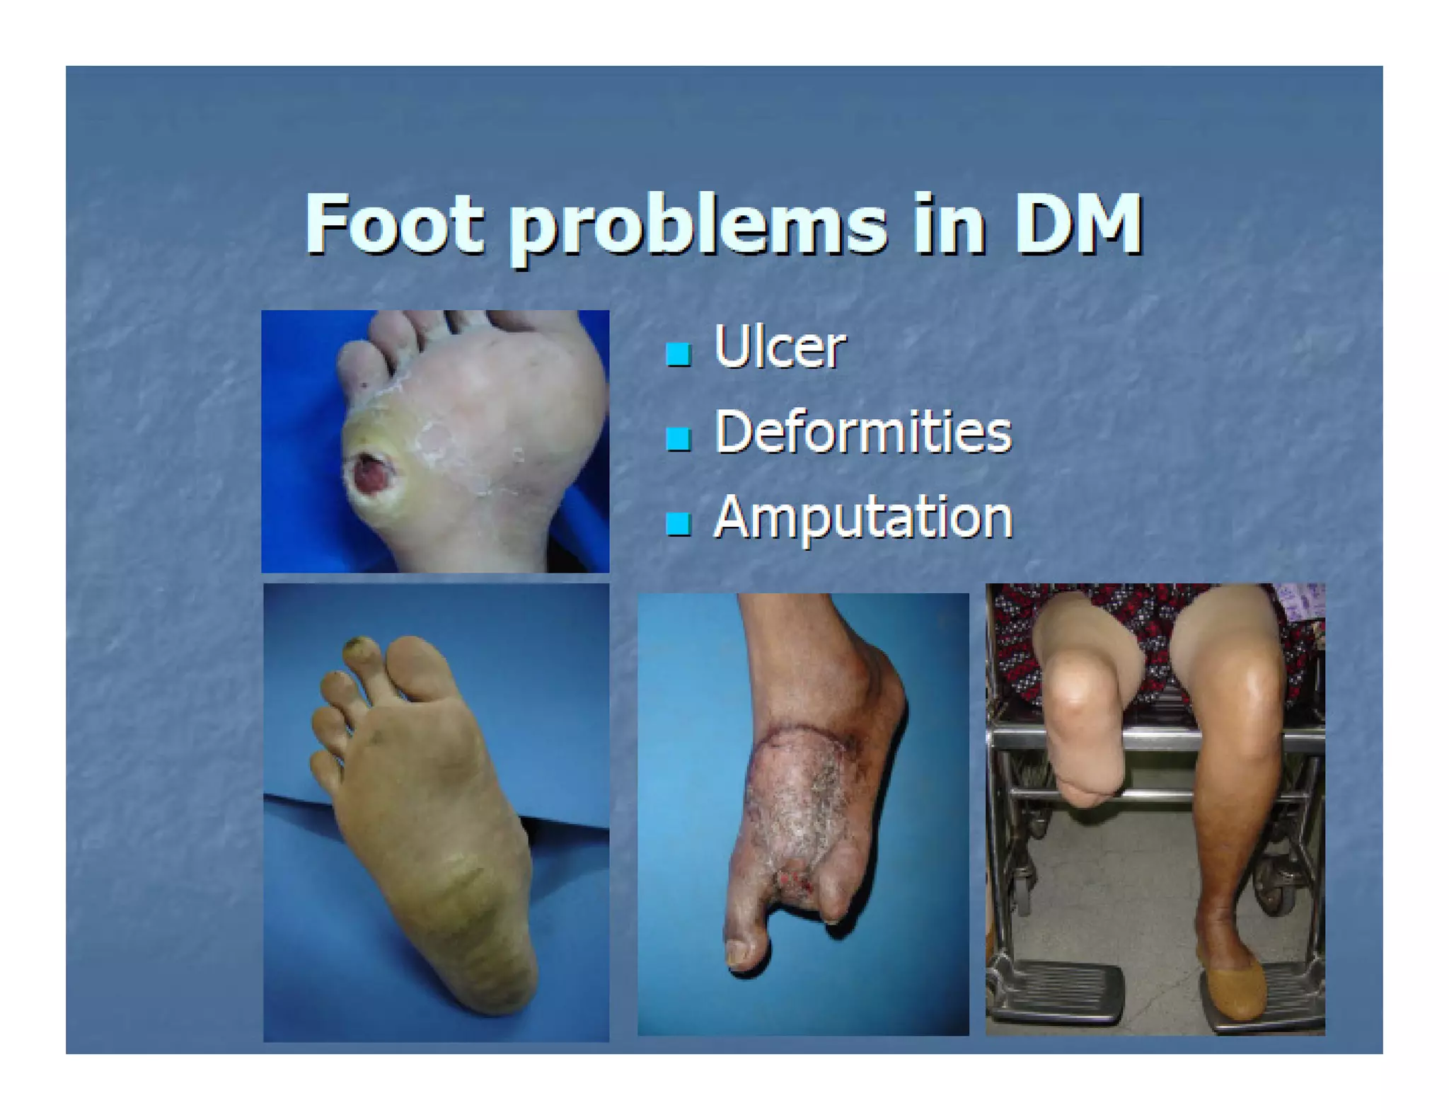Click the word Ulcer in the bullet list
click(779, 347)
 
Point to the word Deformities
click(862, 432)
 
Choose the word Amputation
click(862, 518)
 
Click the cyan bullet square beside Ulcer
click(678, 353)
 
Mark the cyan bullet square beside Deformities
click(678, 438)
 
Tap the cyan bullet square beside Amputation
click(678, 524)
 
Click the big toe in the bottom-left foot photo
click(417, 665)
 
